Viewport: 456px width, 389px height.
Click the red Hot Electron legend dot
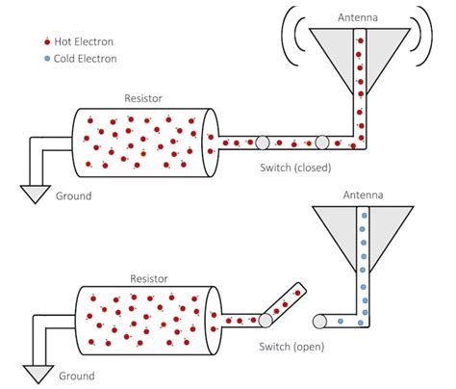[47, 43]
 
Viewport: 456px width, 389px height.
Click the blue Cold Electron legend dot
[47, 59]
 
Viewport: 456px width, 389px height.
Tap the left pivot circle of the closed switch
[261, 143]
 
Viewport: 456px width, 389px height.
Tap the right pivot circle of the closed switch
[321, 143]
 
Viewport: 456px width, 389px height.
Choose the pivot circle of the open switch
[264, 321]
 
